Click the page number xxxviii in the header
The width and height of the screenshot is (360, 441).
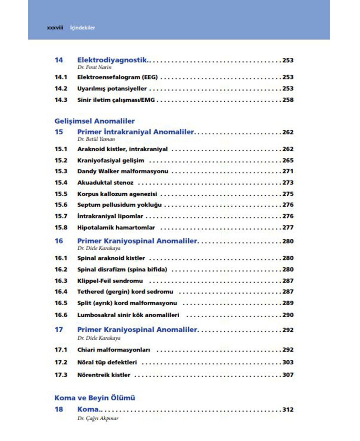pyautogui.click(x=55, y=28)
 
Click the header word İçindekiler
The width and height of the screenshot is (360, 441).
pyautogui.click(x=83, y=28)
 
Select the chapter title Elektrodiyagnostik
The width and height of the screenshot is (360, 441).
pyautogui.click(x=112, y=60)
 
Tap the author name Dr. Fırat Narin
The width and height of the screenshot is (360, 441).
pyautogui.click(x=94, y=68)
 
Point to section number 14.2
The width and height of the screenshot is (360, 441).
pyautogui.click(x=61, y=89)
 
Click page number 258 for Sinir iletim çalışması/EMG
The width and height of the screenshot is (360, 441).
pyautogui.click(x=288, y=100)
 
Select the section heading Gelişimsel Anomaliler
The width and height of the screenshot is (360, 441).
pyautogui.click(x=95, y=121)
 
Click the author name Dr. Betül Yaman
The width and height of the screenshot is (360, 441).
pyautogui.click(x=96, y=139)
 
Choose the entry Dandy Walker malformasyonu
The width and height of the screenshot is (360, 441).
pyautogui.click(x=123, y=171)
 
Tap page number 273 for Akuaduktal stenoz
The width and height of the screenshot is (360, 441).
pyautogui.click(x=288, y=183)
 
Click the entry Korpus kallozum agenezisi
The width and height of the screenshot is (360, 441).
pyautogui.click(x=117, y=194)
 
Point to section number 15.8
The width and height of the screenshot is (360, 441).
pyautogui.click(x=61, y=227)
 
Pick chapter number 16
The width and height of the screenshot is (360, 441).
pyautogui.click(x=59, y=241)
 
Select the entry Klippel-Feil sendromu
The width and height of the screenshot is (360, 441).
pyautogui.click(x=110, y=281)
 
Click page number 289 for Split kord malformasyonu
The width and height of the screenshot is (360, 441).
pyautogui.click(x=288, y=303)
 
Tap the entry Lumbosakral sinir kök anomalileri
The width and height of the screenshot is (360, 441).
pyautogui.click(x=128, y=315)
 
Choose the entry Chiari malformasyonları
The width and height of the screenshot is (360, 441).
pyautogui.click(x=114, y=350)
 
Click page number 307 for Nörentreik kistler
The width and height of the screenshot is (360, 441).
pyautogui.click(x=288, y=375)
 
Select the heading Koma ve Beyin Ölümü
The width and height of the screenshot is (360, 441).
pyautogui.click(x=95, y=398)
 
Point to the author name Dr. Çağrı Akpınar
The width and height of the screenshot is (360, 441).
pyautogui.click(x=98, y=418)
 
